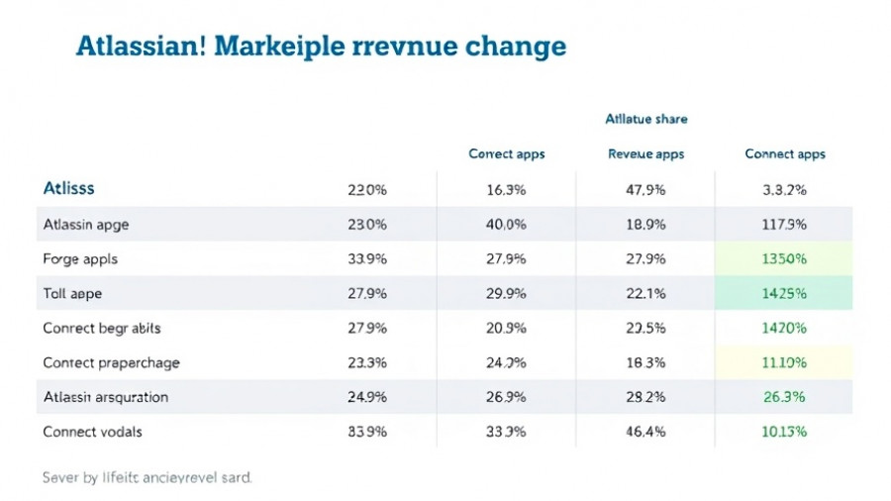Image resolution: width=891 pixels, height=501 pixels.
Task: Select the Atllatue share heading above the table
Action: coord(645,119)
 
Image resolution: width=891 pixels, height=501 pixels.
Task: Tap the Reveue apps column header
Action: coord(645,154)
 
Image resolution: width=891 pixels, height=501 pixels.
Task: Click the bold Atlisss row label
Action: coord(69,188)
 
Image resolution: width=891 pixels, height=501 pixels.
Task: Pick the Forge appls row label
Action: coord(80,259)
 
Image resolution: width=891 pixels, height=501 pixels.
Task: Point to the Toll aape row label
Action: coord(72,294)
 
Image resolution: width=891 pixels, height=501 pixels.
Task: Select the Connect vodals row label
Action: coord(92,432)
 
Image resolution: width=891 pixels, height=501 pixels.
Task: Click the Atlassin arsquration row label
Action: coord(106,397)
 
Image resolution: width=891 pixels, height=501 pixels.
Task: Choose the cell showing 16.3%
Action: coord(506,189)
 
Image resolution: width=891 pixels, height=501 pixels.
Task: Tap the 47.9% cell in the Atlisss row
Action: coord(645,189)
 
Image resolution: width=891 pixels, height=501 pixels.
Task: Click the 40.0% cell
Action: coord(506,225)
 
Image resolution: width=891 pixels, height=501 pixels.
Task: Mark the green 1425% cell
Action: coord(785,294)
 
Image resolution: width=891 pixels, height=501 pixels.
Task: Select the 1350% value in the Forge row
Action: coord(785,259)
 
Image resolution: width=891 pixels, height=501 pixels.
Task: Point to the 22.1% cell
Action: coord(645,294)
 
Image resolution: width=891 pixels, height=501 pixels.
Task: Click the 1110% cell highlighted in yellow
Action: coord(785,362)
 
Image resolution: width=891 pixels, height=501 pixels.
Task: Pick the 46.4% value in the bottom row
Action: coord(645,432)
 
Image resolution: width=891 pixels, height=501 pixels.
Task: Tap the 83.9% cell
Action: coord(367,432)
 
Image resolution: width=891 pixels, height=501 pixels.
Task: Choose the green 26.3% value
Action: coord(785,397)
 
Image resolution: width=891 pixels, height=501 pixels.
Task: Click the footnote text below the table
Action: coord(147,477)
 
